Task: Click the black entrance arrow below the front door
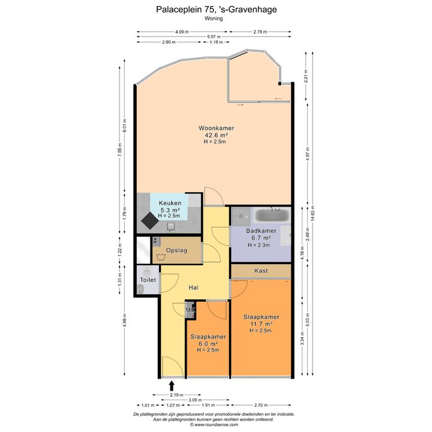point(172,386)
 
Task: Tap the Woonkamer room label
point(216,128)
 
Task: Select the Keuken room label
point(170,203)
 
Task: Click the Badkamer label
point(261,230)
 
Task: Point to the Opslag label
point(176,250)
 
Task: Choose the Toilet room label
point(148,280)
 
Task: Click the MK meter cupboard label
point(190,310)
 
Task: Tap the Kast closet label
point(261,271)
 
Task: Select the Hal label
point(193,287)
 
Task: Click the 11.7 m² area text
point(261,324)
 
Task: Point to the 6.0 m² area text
point(208,344)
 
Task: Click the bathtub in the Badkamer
point(272,215)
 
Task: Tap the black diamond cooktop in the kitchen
point(150,221)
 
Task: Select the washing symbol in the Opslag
point(161,257)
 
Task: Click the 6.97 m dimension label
point(214,37)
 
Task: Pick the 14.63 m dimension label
point(312,213)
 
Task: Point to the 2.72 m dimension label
point(260,405)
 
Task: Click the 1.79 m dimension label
point(125,213)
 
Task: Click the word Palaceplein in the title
point(179,10)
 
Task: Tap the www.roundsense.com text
point(216,425)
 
